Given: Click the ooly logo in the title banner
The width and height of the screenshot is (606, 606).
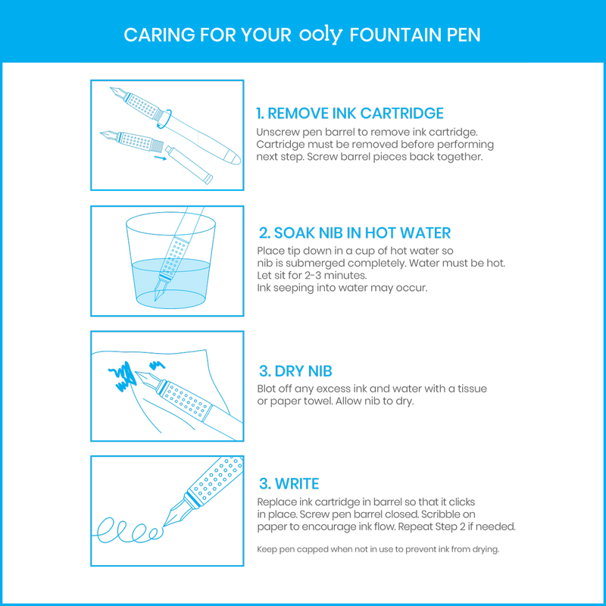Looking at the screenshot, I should click(x=322, y=35).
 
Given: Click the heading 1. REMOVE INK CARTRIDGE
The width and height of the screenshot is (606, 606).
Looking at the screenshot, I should click(x=350, y=114).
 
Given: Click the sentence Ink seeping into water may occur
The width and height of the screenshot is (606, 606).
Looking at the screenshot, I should click(x=342, y=288).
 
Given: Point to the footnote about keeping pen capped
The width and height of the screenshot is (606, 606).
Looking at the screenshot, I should click(x=378, y=549).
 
